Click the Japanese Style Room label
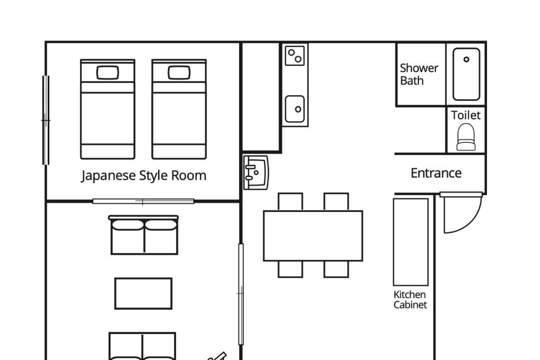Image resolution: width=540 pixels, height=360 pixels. pos(143,175)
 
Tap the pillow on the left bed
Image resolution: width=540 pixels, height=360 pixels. pos(107,72)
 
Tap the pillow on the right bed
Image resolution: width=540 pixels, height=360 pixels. pos(179,72)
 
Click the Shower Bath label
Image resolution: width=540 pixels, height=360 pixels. pos(419,74)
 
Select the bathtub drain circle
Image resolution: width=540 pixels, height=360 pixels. pos(466,59)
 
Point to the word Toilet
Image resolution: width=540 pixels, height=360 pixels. pos(465,115)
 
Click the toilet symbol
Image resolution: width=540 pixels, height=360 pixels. pos(466,137)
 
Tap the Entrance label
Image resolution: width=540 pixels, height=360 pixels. pos(436,173)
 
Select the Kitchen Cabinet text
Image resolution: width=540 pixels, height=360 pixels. pos(410,299)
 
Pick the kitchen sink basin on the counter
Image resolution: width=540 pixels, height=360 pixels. pos(295,109)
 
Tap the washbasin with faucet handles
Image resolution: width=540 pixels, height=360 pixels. pos(256,172)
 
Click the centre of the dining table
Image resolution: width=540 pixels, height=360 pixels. pos(313,236)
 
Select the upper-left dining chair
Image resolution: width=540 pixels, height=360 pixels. pos(290,202)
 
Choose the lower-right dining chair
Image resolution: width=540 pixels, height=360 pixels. pos(336,269)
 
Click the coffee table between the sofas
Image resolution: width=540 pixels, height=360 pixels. pos(143,293)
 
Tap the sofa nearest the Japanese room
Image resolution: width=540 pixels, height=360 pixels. pos(143,235)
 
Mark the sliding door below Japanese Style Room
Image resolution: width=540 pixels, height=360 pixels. pos(143,201)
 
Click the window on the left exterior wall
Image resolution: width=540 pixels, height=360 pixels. pos(46,120)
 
